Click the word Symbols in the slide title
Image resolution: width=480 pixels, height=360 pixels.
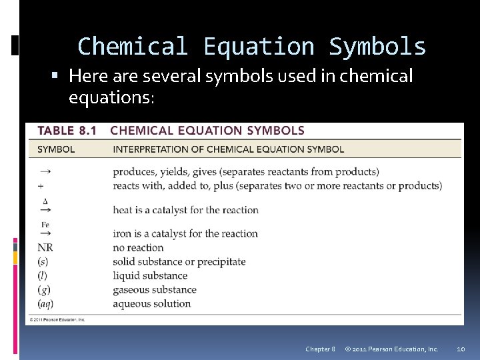377,47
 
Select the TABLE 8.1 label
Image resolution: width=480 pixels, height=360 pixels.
67,131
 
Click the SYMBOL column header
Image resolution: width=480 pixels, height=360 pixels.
56,149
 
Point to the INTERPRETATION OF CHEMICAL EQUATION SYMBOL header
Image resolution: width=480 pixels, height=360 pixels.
228,149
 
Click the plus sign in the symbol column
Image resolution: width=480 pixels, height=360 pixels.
41,186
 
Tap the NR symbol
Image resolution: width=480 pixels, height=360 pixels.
45,247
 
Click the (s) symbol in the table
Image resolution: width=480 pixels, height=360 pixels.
43,261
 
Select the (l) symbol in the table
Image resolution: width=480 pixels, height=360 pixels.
43,275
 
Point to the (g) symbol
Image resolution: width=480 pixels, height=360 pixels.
44,289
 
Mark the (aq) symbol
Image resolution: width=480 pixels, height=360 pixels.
46,303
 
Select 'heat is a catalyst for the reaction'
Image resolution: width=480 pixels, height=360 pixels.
185,210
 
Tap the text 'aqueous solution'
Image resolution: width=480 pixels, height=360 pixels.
152,303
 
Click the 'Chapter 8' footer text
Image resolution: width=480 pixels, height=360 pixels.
320,349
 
